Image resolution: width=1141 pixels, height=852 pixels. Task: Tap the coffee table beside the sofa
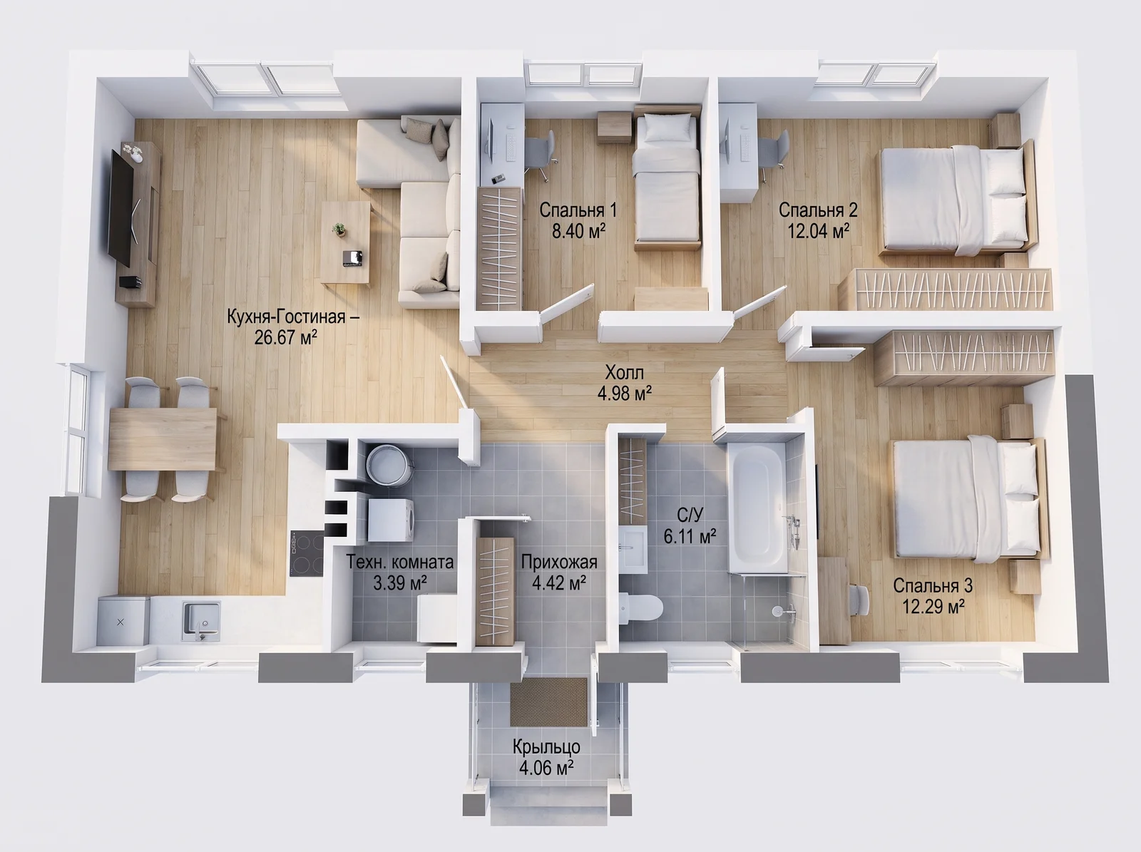(x=346, y=242)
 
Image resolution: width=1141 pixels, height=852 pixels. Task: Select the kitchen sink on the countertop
(x=200, y=620)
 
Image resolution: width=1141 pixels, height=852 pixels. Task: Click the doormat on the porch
(x=548, y=702)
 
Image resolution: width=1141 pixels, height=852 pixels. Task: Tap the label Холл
(x=624, y=372)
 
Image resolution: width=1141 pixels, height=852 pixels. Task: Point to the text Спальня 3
(x=933, y=585)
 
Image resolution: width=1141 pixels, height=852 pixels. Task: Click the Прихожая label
(x=559, y=562)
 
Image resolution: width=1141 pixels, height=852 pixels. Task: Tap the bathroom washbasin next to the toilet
(x=633, y=548)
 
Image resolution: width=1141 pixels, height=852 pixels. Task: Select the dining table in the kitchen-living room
(x=162, y=438)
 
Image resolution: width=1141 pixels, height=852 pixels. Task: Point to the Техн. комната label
(x=400, y=562)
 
